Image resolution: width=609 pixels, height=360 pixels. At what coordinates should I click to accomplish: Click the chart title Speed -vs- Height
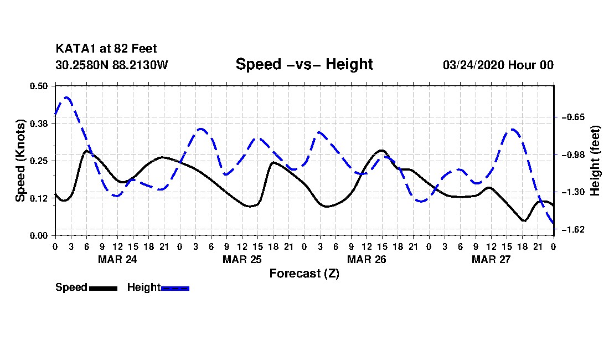(304, 64)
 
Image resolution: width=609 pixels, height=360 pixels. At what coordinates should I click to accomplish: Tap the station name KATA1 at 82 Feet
(106, 49)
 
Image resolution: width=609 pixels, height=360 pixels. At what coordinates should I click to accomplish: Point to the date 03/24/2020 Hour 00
(498, 65)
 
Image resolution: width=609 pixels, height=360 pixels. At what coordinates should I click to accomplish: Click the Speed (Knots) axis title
(20, 161)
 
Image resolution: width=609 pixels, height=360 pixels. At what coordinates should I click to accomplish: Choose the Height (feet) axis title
(596, 161)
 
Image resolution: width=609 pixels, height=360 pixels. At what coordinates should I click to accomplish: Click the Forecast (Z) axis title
(304, 274)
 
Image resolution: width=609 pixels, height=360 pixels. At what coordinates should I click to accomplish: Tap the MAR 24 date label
(117, 259)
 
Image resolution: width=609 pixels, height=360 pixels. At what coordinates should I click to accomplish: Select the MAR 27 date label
(491, 259)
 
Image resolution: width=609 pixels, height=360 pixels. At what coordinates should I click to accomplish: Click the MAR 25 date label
(242, 259)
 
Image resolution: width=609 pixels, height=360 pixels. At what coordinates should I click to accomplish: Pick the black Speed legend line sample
(103, 288)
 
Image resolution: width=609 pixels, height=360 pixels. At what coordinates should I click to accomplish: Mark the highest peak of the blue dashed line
(67, 97)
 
